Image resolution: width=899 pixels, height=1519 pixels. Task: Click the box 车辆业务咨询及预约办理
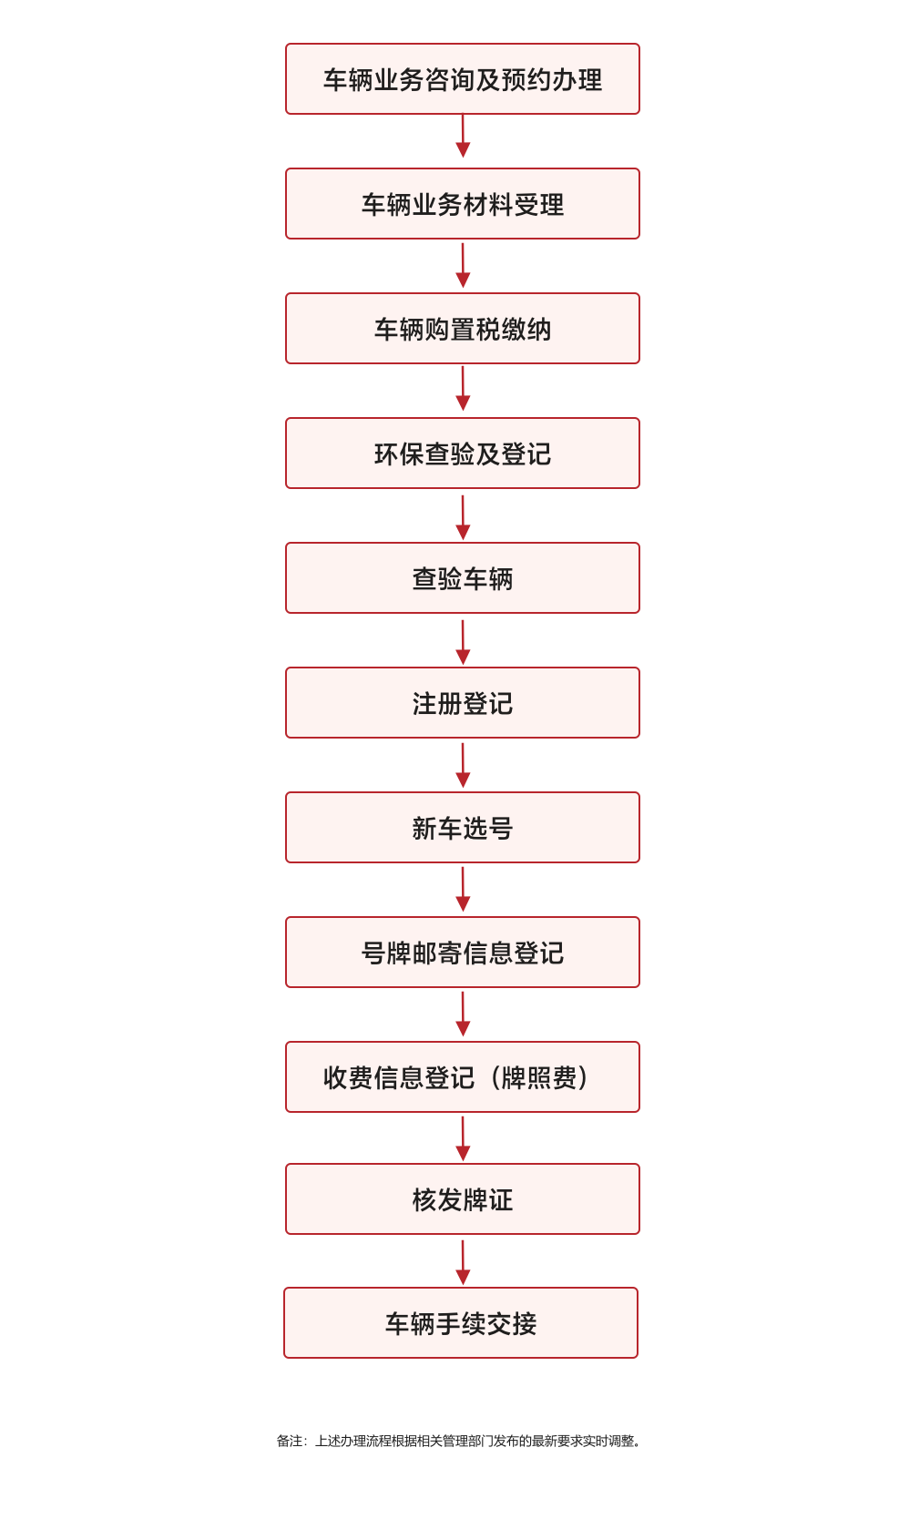(462, 78)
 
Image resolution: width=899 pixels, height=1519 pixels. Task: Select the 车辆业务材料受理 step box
(462, 203)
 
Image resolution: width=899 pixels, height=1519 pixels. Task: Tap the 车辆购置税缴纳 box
(462, 328)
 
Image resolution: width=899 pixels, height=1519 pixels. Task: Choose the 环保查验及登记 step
(462, 453)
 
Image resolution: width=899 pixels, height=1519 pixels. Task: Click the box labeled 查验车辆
(462, 577)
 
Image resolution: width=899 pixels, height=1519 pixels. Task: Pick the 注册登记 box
(462, 702)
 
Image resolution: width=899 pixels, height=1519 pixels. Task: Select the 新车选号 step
(462, 827)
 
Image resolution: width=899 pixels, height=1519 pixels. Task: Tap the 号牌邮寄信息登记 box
(462, 952)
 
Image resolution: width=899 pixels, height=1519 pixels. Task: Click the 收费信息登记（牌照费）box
(462, 1076)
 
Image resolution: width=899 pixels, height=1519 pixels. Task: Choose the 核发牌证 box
(462, 1199)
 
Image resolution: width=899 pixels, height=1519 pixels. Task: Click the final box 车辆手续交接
(461, 1323)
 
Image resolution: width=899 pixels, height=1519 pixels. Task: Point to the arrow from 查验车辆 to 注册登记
(463, 641)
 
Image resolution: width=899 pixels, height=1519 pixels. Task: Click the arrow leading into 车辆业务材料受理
(463, 136)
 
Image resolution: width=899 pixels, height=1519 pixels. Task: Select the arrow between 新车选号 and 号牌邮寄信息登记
(463, 889)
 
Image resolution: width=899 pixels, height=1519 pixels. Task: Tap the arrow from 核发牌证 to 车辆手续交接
(463, 1263)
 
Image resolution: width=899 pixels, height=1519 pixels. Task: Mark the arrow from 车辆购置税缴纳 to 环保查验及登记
(463, 389)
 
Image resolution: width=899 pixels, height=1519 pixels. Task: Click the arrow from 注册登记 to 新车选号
(463, 765)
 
